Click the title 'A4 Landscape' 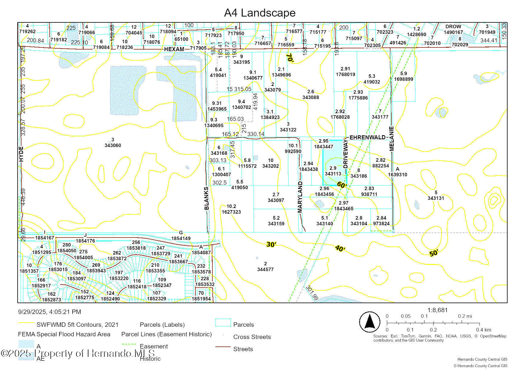260,13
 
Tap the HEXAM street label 174,49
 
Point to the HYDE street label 21,154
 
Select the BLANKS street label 206,198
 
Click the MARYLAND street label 300,197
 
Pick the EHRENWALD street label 367,137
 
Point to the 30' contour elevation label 271,245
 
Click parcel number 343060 113,145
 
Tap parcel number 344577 265,269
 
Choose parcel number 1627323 231,212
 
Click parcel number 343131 436,198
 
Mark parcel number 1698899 403,79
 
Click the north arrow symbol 370,322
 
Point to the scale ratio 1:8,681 437,310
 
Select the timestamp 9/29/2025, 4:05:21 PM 50,312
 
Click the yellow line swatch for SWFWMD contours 26,323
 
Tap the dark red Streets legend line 223,347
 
